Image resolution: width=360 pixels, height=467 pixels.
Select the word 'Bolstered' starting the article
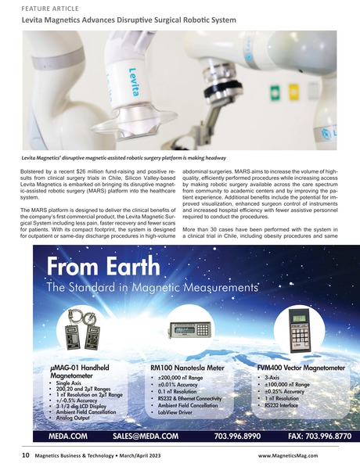[35, 170]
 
